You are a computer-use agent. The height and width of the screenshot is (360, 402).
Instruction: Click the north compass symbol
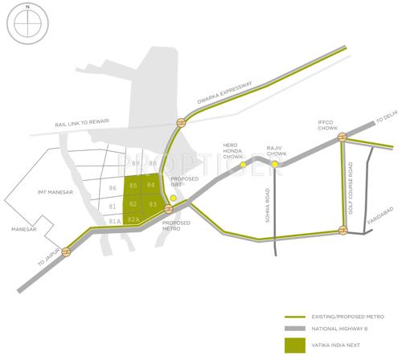click(27, 23)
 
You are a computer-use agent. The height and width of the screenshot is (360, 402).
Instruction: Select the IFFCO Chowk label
click(330, 125)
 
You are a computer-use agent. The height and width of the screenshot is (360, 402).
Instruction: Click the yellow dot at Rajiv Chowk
click(274, 165)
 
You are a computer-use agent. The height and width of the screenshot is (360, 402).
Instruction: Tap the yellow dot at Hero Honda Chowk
click(243, 165)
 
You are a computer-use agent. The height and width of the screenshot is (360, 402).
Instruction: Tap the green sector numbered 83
click(151, 204)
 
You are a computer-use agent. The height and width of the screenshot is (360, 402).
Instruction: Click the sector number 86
click(113, 188)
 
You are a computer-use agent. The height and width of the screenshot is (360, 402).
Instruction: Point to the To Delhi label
click(386, 121)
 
